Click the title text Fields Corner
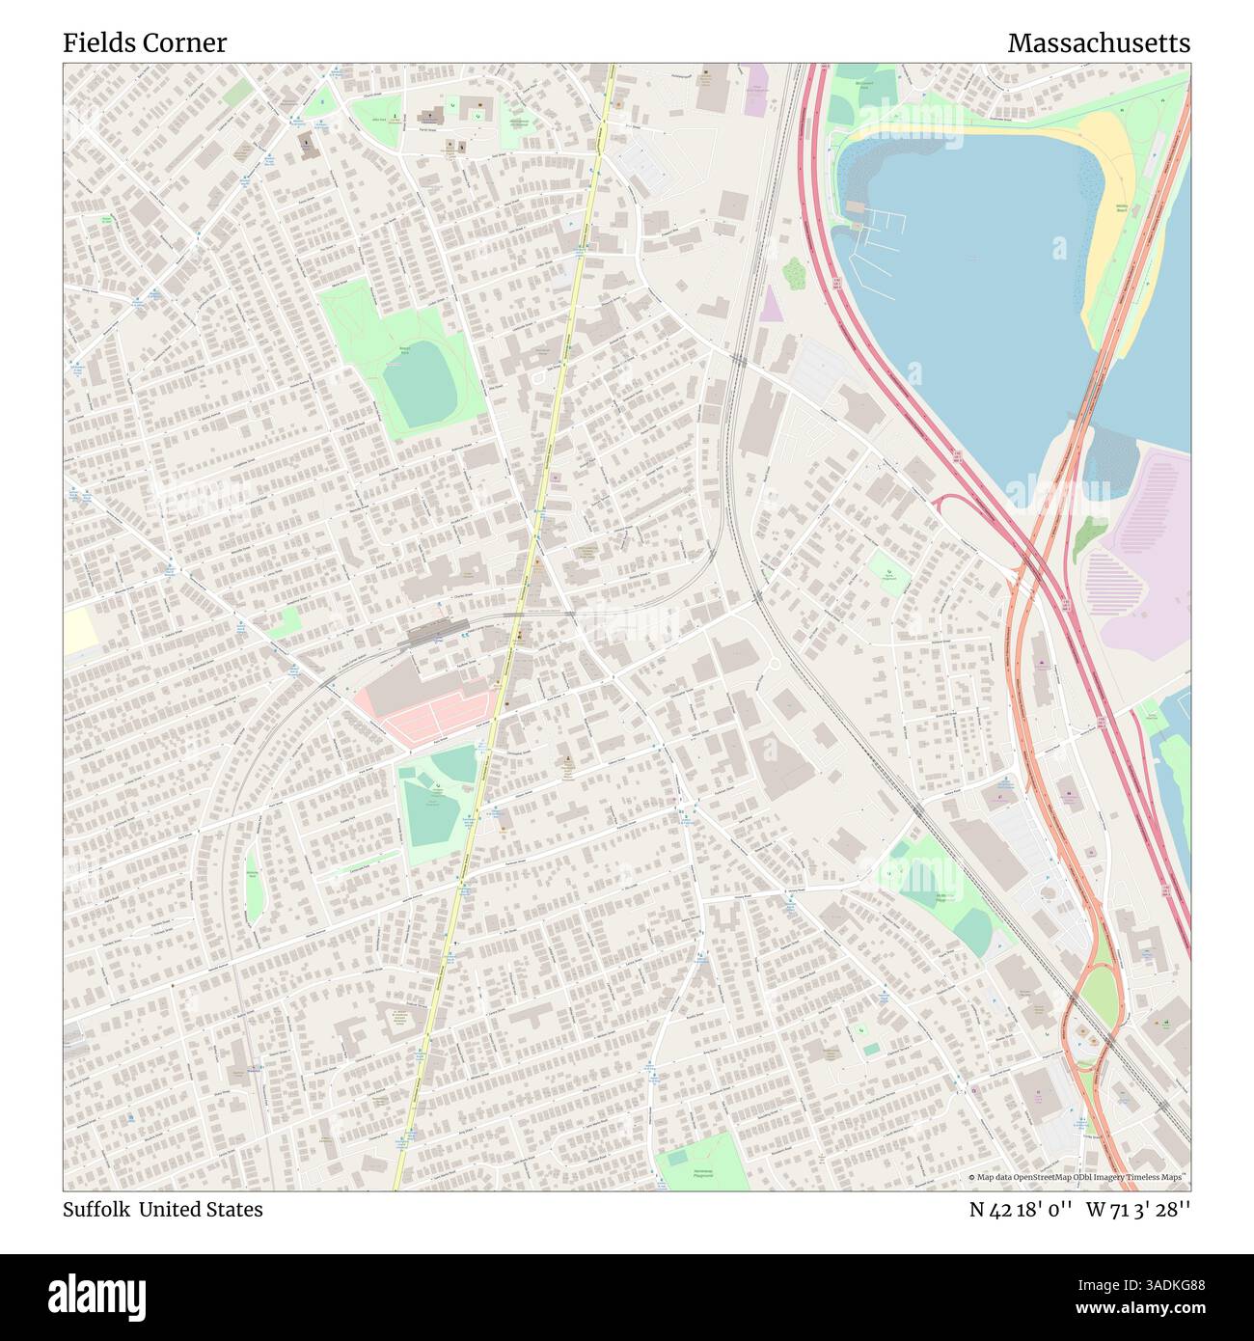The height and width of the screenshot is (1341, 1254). point(145,42)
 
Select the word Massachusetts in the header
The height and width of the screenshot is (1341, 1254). point(1098,42)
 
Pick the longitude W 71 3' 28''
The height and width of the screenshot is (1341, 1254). point(1138,1210)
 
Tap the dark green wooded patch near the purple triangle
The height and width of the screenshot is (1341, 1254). point(793,274)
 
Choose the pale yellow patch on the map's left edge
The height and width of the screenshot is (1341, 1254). point(81,632)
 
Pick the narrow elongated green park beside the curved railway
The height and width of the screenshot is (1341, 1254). point(254,886)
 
